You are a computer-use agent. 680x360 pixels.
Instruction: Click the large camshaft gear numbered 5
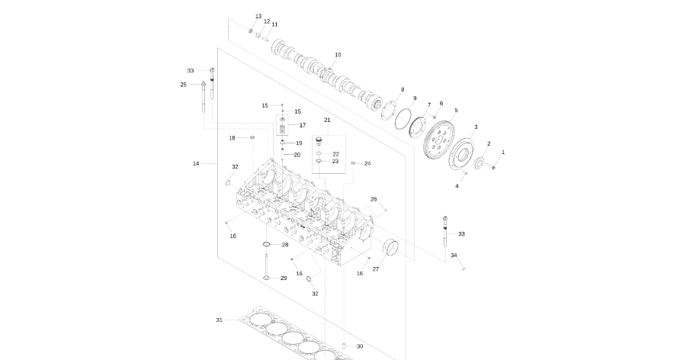(x=439, y=140)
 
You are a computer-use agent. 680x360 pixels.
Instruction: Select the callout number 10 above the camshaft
(x=338, y=55)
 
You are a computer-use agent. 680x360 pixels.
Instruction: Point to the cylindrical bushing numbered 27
(x=391, y=247)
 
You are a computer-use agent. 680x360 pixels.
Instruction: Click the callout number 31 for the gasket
(x=220, y=320)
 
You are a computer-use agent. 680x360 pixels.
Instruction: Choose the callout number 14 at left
(x=196, y=163)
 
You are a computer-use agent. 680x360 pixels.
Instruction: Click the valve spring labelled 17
(x=282, y=129)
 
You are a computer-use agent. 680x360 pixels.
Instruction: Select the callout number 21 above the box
(x=327, y=121)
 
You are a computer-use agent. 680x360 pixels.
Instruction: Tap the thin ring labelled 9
(x=403, y=118)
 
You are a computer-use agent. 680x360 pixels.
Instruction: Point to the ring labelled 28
(x=266, y=245)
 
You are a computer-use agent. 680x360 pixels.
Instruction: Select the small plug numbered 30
(x=344, y=346)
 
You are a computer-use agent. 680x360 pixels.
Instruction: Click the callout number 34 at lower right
(x=454, y=256)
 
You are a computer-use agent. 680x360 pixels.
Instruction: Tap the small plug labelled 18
(x=252, y=137)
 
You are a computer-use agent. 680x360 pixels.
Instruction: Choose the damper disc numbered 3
(x=461, y=153)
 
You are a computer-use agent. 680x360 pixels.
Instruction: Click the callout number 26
(x=374, y=200)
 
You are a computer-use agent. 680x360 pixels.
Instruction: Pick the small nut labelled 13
(x=251, y=31)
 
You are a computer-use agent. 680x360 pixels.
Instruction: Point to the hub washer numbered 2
(x=479, y=162)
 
